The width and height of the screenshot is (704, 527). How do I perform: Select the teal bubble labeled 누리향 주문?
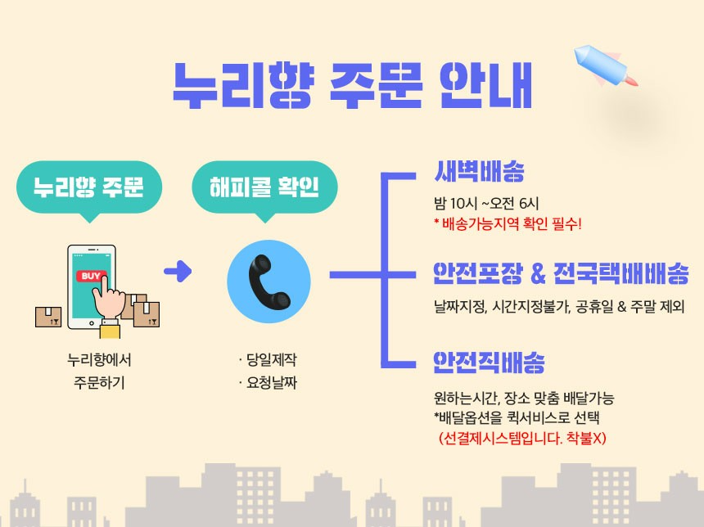88,187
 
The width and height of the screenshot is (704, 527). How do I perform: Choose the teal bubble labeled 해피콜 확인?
264,187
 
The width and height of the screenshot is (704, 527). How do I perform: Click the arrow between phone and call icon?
178,272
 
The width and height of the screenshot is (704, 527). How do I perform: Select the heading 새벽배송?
479,173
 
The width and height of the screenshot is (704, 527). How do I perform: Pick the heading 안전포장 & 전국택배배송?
561,273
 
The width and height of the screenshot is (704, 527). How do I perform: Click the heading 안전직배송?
490,362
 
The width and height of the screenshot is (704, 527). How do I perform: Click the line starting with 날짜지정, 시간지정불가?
559,308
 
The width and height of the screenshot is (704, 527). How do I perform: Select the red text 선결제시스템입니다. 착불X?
522,437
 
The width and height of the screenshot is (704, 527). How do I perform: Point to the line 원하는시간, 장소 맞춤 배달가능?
524,399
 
